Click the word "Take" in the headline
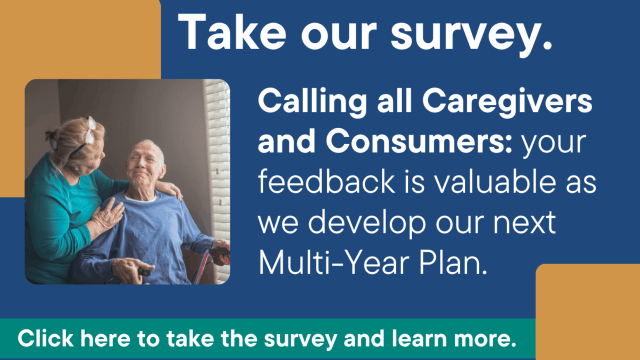232,31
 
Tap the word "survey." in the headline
471,35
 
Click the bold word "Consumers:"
419,141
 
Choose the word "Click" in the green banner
45,338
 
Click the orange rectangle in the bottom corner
587,311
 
